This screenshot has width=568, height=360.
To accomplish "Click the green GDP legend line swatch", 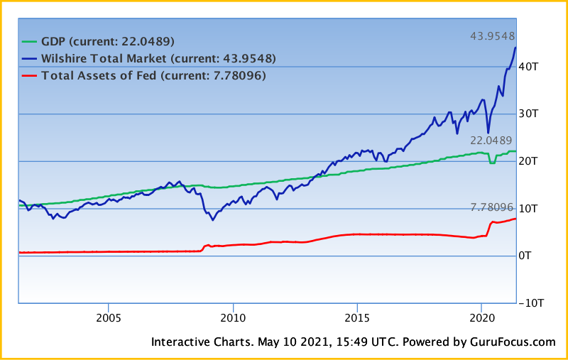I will [31, 41].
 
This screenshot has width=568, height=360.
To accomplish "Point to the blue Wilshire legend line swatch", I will [31, 58].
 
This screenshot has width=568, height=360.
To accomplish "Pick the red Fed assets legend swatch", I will [31, 75].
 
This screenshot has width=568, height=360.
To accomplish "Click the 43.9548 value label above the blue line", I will [493, 36].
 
